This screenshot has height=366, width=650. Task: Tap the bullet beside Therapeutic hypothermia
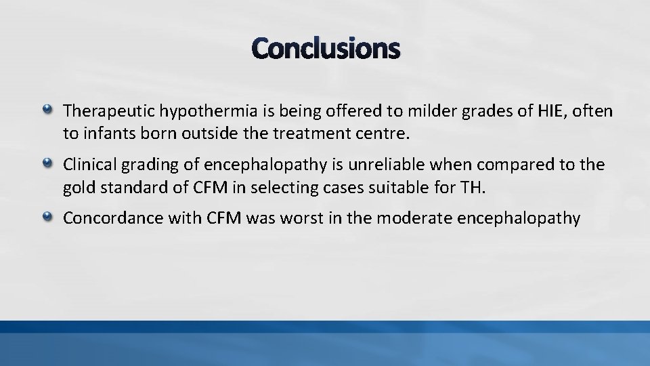(47, 108)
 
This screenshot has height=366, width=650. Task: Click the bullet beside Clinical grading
(47, 163)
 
